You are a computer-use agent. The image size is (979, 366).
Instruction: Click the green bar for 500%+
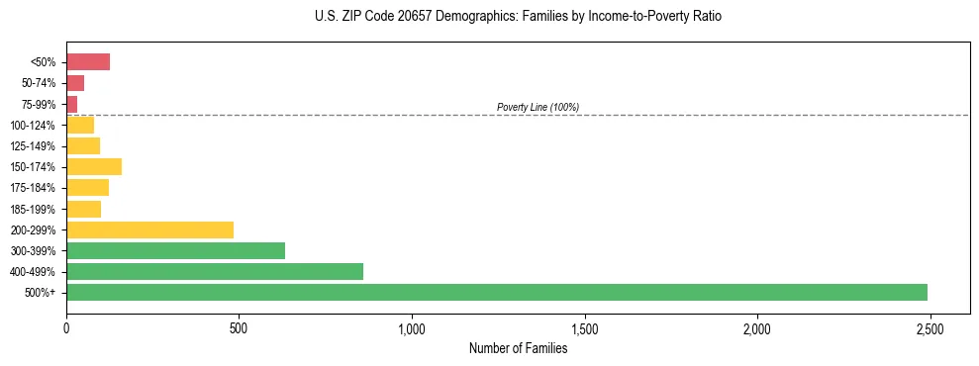coord(496,292)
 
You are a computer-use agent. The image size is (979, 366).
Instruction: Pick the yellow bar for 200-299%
coord(149,229)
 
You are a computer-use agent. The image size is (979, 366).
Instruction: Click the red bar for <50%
coord(88,62)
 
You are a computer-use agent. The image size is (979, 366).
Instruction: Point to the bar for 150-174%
coord(94,166)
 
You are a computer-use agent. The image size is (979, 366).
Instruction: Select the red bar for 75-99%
coord(72,104)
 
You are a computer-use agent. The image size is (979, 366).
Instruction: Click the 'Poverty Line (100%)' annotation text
coord(538,107)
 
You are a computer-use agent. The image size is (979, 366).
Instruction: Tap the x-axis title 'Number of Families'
coord(518,348)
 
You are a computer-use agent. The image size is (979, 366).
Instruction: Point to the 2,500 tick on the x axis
coord(929,328)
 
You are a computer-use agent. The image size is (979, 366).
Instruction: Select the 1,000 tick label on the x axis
coord(412,328)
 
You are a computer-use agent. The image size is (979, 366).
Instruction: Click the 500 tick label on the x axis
coord(239,328)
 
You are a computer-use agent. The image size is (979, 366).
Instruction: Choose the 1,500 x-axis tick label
coord(584,328)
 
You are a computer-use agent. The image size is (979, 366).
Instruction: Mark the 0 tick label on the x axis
coord(66,328)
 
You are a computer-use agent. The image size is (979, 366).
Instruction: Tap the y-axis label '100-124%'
coord(34,126)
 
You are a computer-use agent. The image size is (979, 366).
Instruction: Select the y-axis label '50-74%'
coord(39,83)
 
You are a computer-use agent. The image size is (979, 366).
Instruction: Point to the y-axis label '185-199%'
coord(34,209)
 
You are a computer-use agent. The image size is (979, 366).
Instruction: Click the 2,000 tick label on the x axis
coord(756,328)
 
